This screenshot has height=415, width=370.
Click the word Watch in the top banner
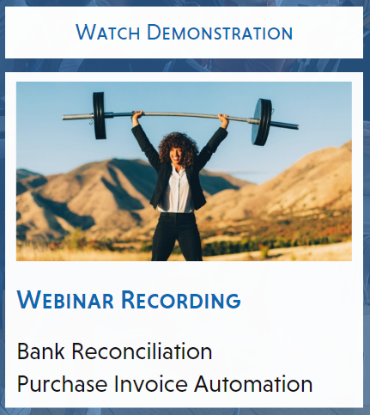[x=107, y=32]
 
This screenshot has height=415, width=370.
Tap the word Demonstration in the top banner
[x=220, y=32]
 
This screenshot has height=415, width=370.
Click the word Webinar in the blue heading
[x=65, y=300]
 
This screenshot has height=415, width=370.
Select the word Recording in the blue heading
[x=181, y=300]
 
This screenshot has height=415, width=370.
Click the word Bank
[x=41, y=351]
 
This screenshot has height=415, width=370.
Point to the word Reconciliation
[x=142, y=351]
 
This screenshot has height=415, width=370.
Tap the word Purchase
[x=62, y=383]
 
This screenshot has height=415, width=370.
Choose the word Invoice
[x=151, y=383]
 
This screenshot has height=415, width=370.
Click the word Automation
[x=253, y=383]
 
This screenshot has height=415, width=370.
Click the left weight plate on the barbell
[x=100, y=115]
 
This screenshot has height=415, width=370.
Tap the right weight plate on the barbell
[x=261, y=122]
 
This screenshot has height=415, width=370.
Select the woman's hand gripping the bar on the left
[x=137, y=114]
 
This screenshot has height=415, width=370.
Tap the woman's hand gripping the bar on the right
[x=223, y=118]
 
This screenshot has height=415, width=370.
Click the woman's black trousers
[x=177, y=236]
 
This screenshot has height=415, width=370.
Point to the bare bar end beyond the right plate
[x=285, y=125]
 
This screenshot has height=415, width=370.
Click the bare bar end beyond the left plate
[x=78, y=117]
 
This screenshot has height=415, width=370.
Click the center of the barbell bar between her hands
[x=180, y=114]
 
